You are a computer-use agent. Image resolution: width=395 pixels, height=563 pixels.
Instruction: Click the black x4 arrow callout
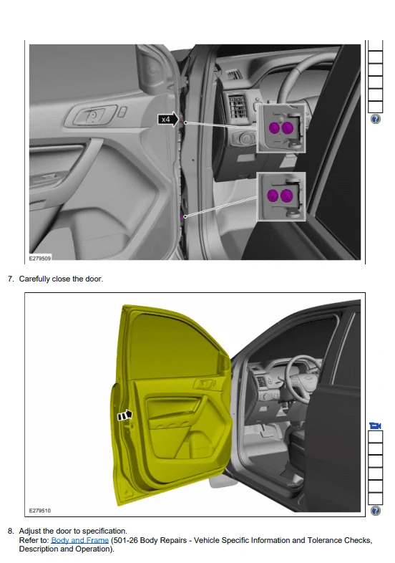click(x=168, y=119)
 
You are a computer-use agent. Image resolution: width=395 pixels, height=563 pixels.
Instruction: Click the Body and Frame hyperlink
click(x=79, y=540)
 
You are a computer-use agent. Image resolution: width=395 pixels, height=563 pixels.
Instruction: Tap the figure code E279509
click(x=40, y=258)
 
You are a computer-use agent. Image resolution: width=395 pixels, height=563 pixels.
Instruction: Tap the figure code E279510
click(x=40, y=510)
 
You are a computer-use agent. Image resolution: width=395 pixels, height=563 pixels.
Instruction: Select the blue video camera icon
click(x=375, y=425)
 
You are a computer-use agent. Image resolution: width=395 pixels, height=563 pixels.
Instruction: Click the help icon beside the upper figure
click(x=375, y=119)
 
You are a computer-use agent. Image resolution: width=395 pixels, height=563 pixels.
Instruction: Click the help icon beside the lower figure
click(x=375, y=510)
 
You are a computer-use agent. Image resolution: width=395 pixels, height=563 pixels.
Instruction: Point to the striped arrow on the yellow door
click(x=125, y=415)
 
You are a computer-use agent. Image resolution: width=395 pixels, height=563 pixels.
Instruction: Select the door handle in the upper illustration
click(x=92, y=115)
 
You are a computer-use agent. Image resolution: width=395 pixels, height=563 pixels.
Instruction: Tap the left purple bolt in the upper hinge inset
click(x=275, y=127)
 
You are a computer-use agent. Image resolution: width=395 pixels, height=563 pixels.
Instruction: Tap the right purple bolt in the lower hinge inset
click(x=287, y=196)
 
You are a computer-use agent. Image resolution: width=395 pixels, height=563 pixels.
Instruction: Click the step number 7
click(x=11, y=279)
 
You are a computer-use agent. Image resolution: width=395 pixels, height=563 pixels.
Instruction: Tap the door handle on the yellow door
click(x=204, y=384)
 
